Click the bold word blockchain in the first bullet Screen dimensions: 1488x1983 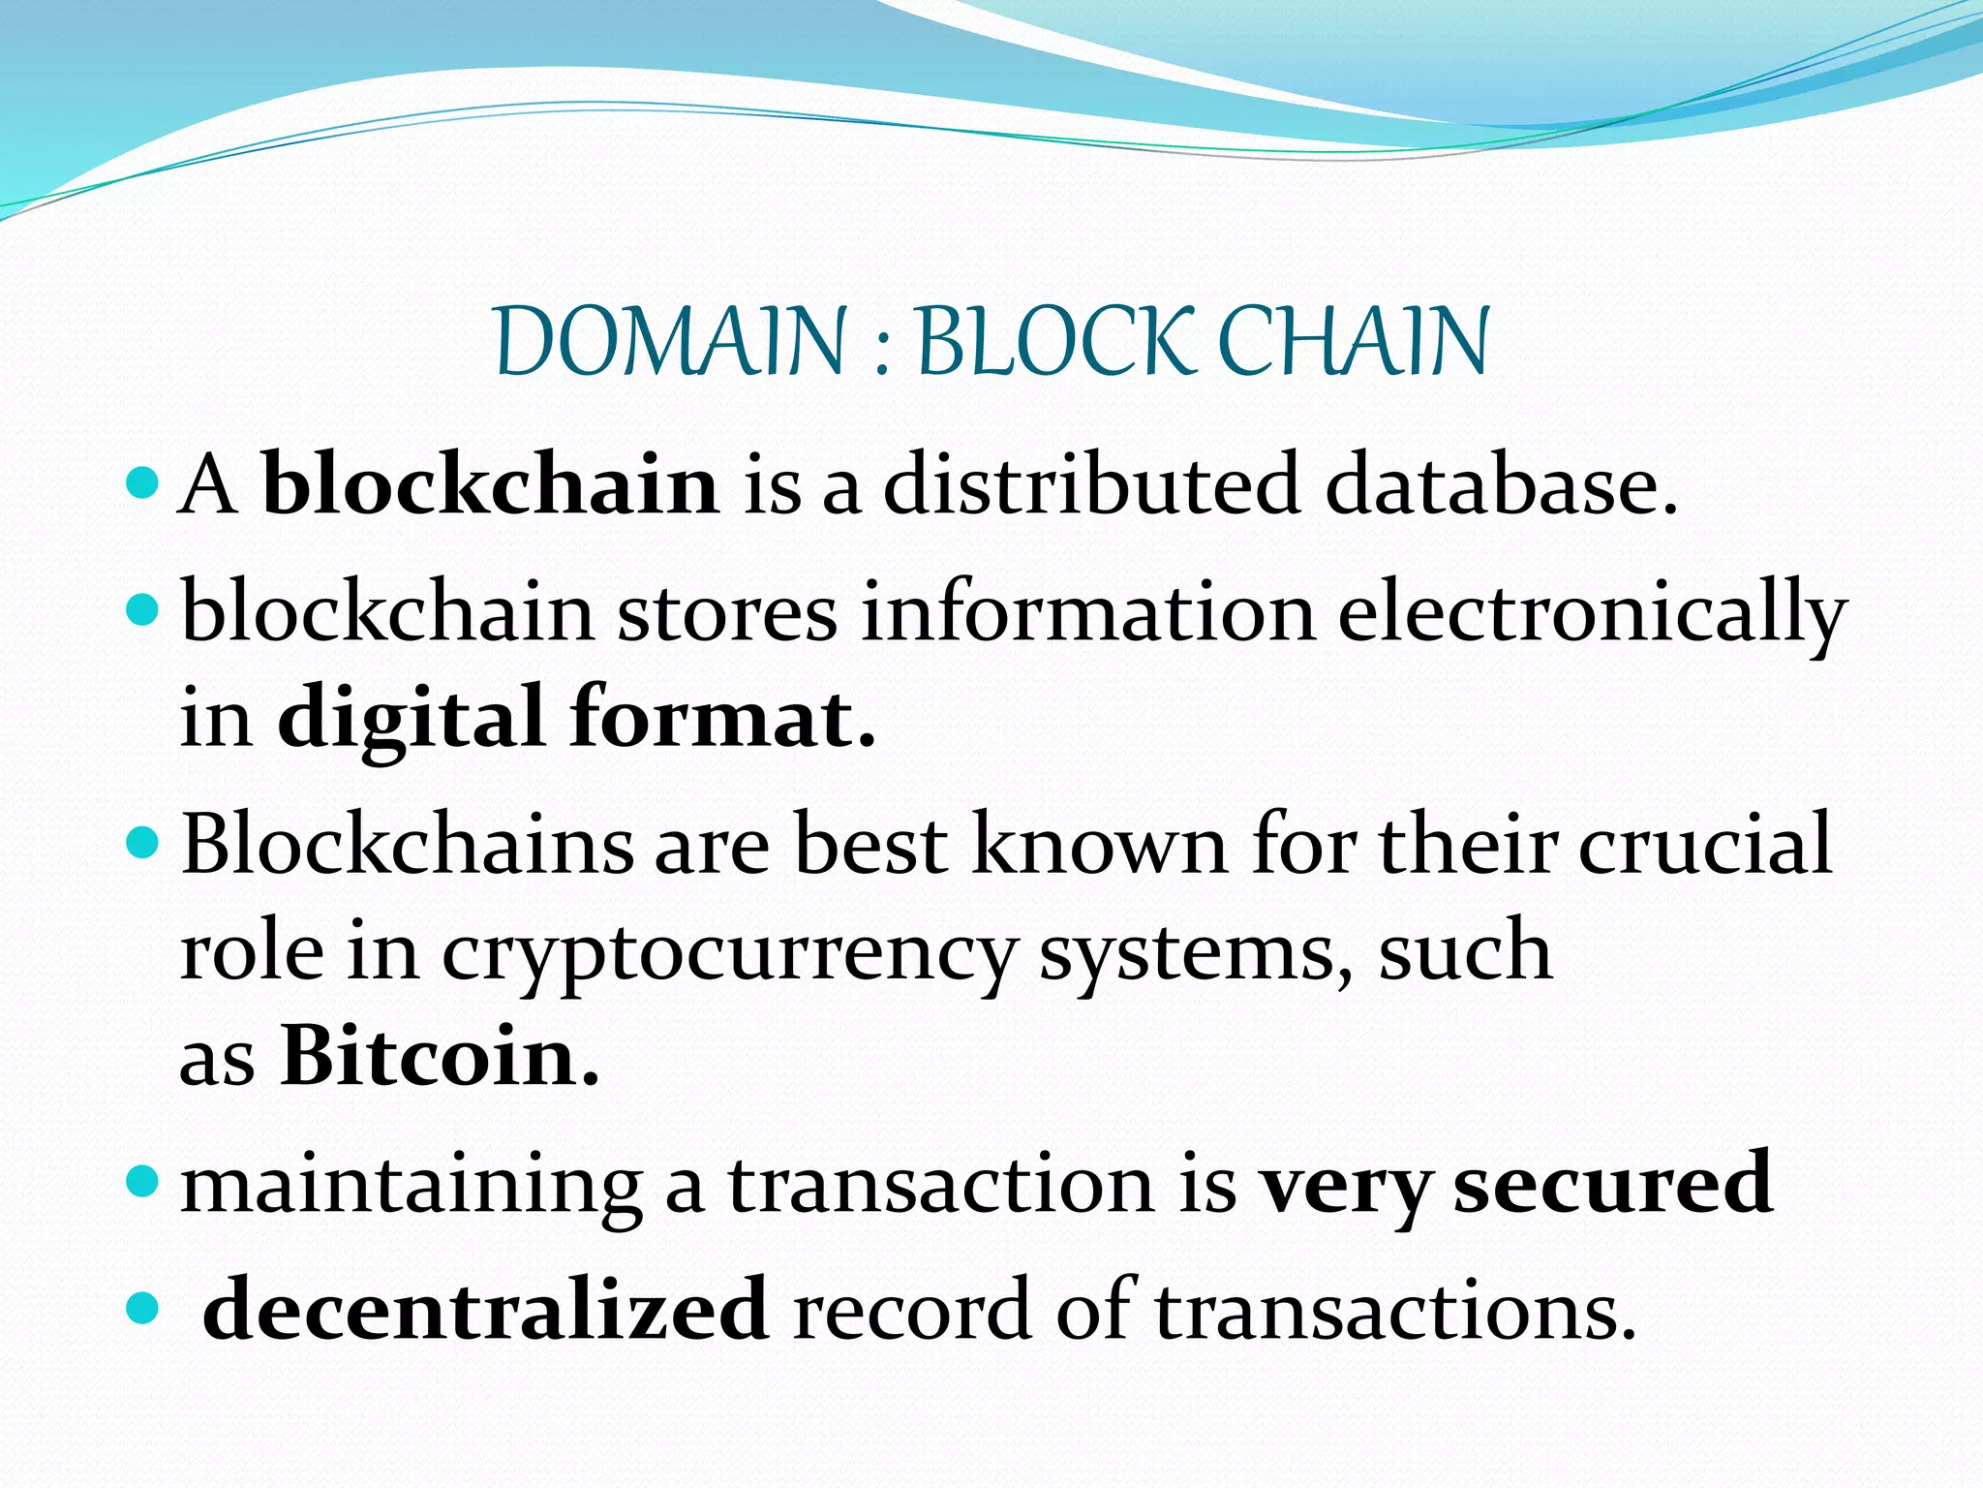click(491, 484)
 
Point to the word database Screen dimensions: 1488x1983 click(1500, 484)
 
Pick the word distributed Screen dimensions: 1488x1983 click(1090, 484)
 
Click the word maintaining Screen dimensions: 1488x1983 click(412, 1187)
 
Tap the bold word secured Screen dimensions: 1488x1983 click(1613, 1183)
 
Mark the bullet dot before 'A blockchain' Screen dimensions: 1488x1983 click(141, 480)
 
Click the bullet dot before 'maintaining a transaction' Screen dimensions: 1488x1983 click(141, 1180)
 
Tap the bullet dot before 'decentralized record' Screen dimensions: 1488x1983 click(141, 1309)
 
